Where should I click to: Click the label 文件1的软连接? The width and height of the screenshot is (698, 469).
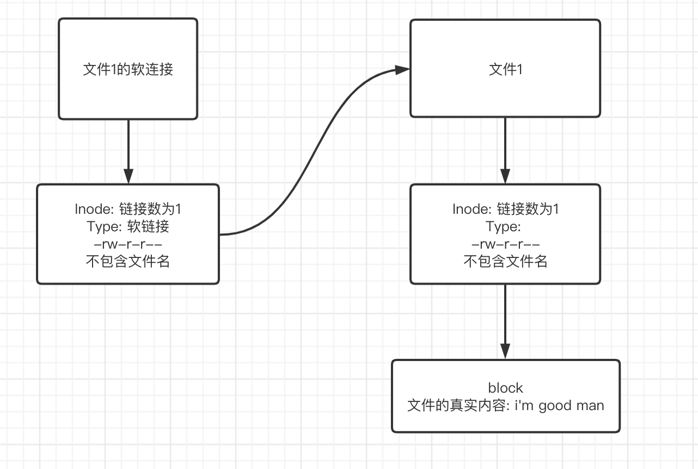point(128,69)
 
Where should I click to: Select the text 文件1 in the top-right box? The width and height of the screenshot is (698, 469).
point(505,69)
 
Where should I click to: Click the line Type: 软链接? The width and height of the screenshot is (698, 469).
point(128,226)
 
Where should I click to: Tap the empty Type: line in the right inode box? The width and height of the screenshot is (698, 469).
point(503,226)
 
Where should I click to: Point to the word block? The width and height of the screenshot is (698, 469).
point(505,388)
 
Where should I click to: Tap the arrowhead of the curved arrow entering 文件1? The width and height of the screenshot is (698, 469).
point(402,70)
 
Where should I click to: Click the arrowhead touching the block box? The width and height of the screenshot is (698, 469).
point(505,352)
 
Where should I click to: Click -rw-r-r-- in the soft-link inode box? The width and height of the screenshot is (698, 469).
point(128,244)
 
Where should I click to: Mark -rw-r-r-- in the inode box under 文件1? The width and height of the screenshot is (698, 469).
point(505,244)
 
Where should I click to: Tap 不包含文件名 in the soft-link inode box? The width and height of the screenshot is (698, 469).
point(128,261)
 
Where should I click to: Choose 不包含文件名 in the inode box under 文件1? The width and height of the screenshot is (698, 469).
point(505,261)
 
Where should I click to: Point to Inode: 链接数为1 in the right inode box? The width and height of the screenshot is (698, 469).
point(505,209)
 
